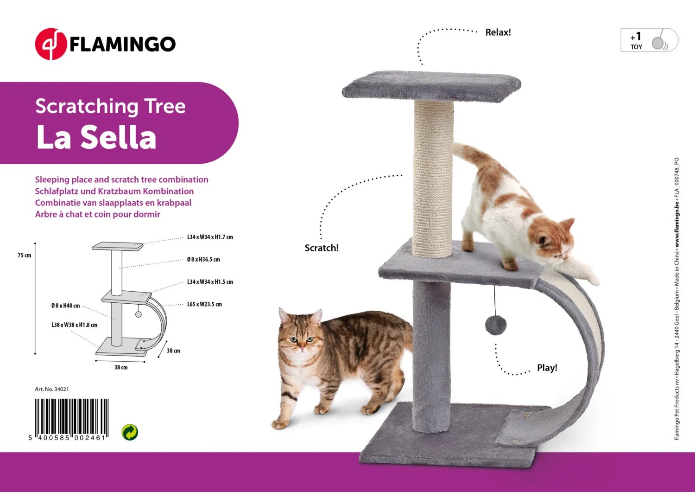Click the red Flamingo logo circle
pyautogui.click(x=51, y=44)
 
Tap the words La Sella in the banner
pyautogui.click(x=96, y=137)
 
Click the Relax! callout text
pyautogui.click(x=498, y=32)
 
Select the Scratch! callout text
pyautogui.click(x=322, y=248)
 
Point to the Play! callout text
pyautogui.click(x=547, y=368)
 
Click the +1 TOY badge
pyautogui.click(x=649, y=40)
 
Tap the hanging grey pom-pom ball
pyautogui.click(x=495, y=325)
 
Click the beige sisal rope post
pyautogui.click(x=433, y=179)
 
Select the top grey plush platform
pyautogui.click(x=431, y=86)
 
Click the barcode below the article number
pyautogui.click(x=71, y=419)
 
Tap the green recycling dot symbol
pyautogui.click(x=130, y=432)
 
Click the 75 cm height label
pyautogui.click(x=25, y=256)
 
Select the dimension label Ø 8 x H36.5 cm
pyautogui.click(x=203, y=259)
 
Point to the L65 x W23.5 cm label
pyautogui.click(x=204, y=304)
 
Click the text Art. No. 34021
pyautogui.click(x=52, y=389)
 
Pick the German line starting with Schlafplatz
pyautogui.click(x=114, y=191)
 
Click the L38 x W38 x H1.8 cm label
pyautogui.click(x=75, y=325)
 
